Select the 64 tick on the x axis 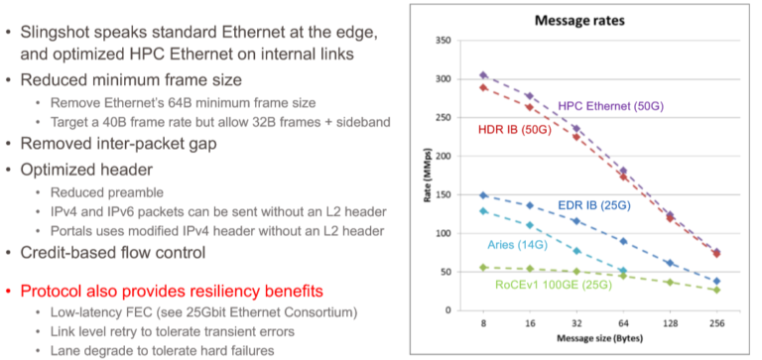pyautogui.click(x=623, y=324)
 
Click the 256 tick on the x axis pyautogui.click(x=716, y=324)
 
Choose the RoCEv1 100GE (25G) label pyautogui.click(x=558, y=286)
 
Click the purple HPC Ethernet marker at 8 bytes pyautogui.click(x=483, y=75)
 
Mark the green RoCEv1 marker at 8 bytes pyautogui.click(x=483, y=267)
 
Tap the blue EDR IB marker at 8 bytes pyautogui.click(x=483, y=195)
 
